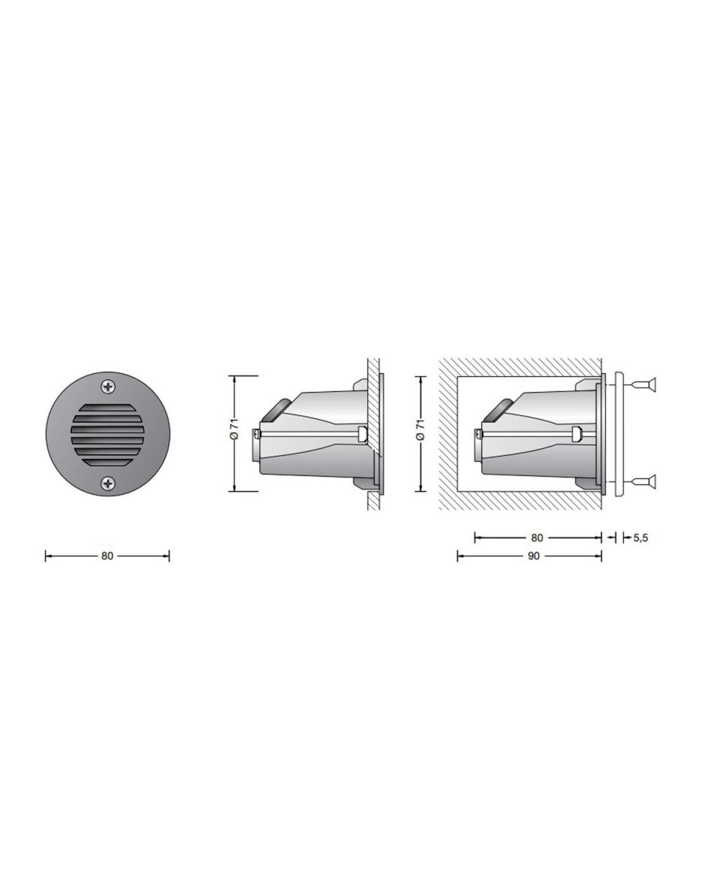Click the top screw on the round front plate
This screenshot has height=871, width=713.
click(x=107, y=387)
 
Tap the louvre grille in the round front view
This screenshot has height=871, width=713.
click(x=107, y=435)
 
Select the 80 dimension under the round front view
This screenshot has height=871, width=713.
click(x=107, y=556)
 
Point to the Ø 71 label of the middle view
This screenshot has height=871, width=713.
click(x=236, y=429)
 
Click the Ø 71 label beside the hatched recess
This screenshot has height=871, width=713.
click(x=420, y=429)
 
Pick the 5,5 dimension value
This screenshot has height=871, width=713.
click(x=640, y=537)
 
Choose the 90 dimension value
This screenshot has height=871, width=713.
click(x=533, y=556)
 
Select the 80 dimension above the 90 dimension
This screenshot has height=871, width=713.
click(x=537, y=537)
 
